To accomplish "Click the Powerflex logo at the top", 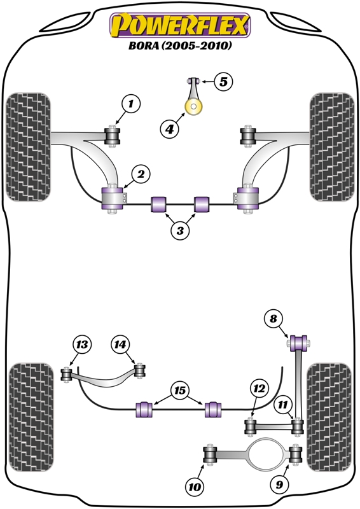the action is [x=180, y=25].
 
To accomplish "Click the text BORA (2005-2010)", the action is [x=180, y=45].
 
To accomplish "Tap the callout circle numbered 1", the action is [x=131, y=104].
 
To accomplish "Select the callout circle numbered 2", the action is [x=141, y=174].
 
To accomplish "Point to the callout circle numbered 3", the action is [x=180, y=230].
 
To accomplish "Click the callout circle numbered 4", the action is [x=169, y=129].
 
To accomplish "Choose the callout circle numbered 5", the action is [x=223, y=81].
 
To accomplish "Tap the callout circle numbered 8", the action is [x=273, y=319].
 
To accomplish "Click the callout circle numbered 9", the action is [x=279, y=485].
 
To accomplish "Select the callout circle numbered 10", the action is [x=195, y=487].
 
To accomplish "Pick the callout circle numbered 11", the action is [x=283, y=405].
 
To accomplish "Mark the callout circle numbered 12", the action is [x=260, y=388].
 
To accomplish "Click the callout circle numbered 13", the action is [x=82, y=344].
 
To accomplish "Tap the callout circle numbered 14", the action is [x=120, y=344].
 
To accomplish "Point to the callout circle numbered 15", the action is [x=180, y=390].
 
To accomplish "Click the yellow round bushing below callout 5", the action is [x=193, y=107].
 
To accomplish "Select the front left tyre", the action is [x=29, y=147].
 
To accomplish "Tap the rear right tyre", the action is [x=329, y=417].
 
